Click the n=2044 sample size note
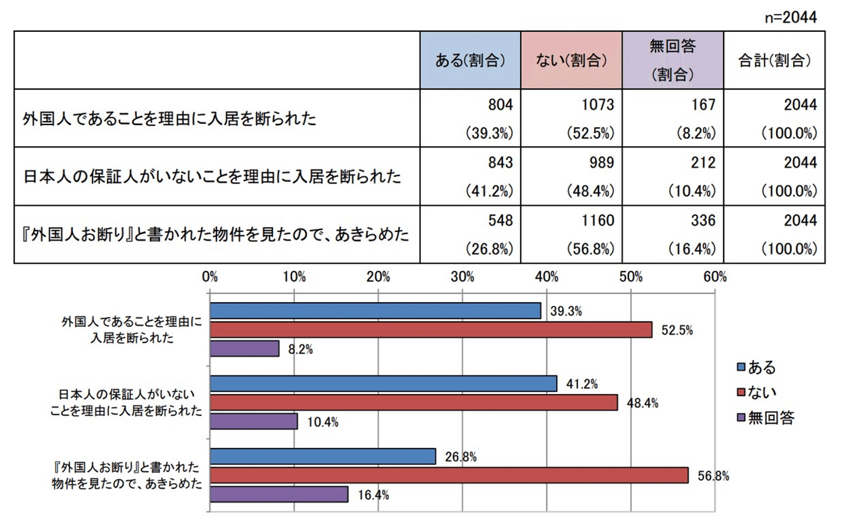click(791, 17)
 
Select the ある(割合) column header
click(470, 60)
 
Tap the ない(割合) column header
click(571, 60)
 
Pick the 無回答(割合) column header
click(672, 60)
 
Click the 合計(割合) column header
click(774, 60)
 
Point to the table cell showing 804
click(500, 105)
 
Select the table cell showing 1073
click(597, 105)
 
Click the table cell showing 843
click(500, 163)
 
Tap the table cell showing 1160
click(597, 221)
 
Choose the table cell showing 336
click(702, 221)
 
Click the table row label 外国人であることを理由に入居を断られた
click(170, 119)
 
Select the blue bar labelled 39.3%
click(375, 311)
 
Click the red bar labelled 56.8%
click(449, 476)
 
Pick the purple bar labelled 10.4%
click(254, 421)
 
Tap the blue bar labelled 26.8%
click(323, 457)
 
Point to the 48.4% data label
click(642, 404)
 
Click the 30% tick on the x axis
click(462, 277)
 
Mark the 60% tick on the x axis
click(715, 277)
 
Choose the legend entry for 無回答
click(765, 418)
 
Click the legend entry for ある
click(756, 368)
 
